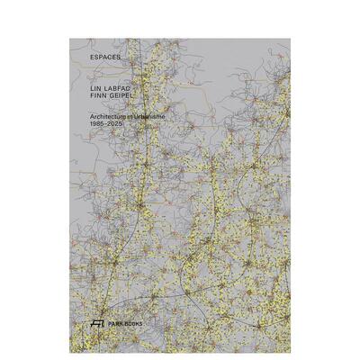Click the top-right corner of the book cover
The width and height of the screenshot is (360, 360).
(291, 38)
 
